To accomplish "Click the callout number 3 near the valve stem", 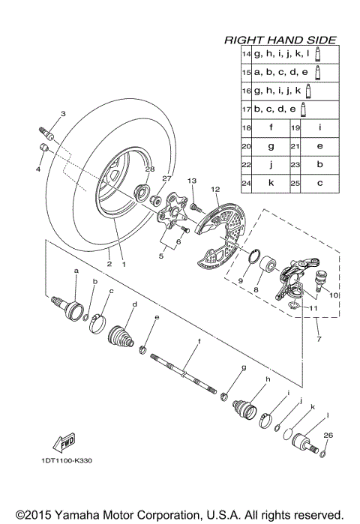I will pyautogui.click(x=63, y=114).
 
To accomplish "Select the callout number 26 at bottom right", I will pyautogui.click(x=327, y=435).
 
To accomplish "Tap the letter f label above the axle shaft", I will pyautogui.click(x=199, y=341).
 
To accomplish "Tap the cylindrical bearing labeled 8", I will pyautogui.click(x=266, y=271).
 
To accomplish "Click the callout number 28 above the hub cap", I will pyautogui.click(x=149, y=170).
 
